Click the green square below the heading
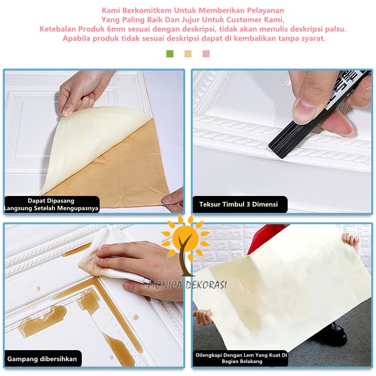click(x=170, y=54)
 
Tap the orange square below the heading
click(x=188, y=54)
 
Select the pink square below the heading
click(x=206, y=54)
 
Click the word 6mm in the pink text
click(x=116, y=29)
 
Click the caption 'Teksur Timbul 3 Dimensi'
click(x=238, y=204)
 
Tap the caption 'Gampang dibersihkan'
click(x=42, y=359)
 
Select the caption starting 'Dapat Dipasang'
click(x=51, y=204)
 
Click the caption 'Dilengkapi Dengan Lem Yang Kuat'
click(x=241, y=358)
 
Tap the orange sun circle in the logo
click(x=185, y=239)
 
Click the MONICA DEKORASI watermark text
click(x=188, y=285)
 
